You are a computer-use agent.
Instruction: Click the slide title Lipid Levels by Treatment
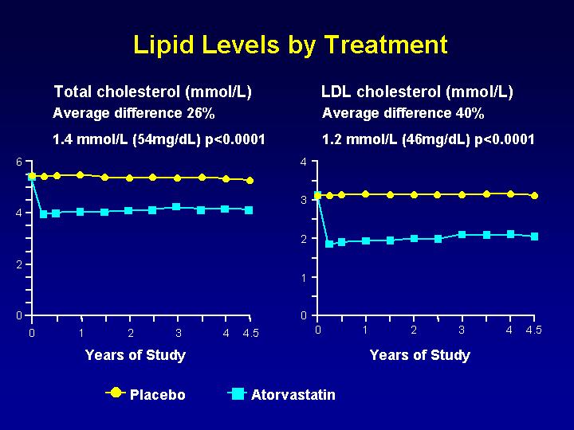click(290, 45)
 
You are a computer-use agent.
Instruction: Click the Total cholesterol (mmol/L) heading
click(152, 92)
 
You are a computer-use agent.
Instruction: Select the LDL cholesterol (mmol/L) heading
click(417, 92)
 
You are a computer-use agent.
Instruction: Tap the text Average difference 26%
click(133, 113)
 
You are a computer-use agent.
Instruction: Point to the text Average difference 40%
click(403, 113)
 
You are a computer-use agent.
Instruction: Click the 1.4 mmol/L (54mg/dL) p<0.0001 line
click(158, 140)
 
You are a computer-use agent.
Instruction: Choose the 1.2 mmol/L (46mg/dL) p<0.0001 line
click(428, 140)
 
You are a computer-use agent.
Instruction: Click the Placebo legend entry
click(157, 395)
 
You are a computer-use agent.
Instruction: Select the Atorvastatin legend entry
click(293, 395)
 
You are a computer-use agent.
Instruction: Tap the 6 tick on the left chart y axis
click(19, 162)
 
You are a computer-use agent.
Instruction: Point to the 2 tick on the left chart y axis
click(19, 264)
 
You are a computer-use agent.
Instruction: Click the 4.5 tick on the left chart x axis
click(250, 333)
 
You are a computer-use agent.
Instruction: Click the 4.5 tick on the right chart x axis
click(534, 330)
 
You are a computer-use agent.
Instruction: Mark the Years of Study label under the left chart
click(135, 355)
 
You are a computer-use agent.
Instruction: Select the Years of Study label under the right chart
click(420, 355)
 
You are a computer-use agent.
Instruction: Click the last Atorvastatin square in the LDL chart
click(535, 236)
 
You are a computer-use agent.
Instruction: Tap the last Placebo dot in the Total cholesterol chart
click(250, 181)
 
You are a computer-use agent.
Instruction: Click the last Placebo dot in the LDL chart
click(535, 195)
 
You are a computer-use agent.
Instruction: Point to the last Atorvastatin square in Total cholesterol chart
click(250, 210)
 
